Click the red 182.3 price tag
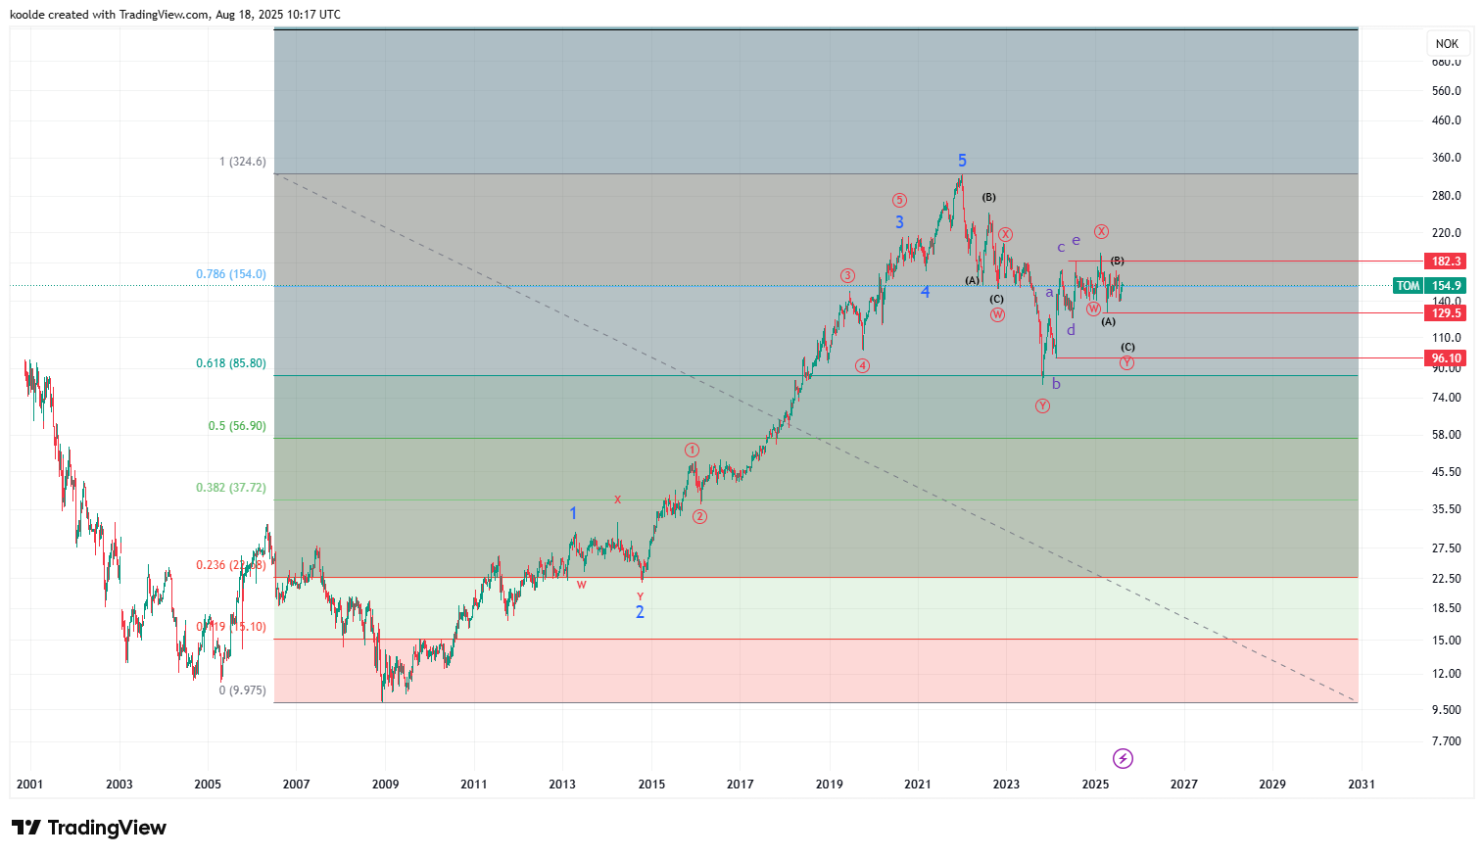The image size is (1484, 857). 1446,262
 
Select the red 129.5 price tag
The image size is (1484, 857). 1446,313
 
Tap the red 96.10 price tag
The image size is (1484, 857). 1446,358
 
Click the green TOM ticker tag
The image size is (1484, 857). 1408,286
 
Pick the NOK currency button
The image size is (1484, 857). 1447,44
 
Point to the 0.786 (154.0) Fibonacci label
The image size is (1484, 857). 230,274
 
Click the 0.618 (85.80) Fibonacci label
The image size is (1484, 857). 230,363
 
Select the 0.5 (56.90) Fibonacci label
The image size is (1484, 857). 236,426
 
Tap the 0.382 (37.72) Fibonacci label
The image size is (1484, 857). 230,488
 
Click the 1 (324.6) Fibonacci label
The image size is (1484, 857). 242,162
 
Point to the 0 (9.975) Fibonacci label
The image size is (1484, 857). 242,690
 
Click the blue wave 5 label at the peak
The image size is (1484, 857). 962,161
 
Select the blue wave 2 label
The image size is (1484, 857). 640,612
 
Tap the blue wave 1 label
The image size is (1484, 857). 573,513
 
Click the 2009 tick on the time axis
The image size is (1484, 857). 385,784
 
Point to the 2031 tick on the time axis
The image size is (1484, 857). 1361,784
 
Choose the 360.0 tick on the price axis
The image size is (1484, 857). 1446,158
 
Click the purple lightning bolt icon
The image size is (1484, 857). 1123,758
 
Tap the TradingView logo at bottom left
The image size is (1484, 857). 89,828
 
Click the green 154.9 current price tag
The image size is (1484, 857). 1446,286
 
